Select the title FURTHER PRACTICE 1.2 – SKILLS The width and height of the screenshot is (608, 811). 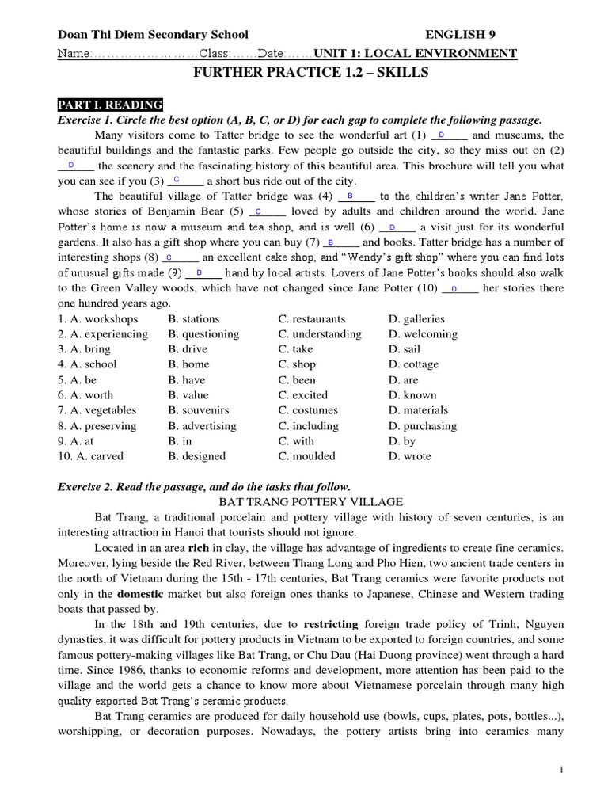(x=311, y=73)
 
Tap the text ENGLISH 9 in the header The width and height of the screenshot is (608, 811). (x=462, y=34)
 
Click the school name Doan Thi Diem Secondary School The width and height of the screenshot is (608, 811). (x=153, y=34)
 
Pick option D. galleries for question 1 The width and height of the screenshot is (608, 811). (x=416, y=318)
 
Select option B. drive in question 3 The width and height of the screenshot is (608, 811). (x=188, y=349)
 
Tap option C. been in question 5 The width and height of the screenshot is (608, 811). (x=298, y=379)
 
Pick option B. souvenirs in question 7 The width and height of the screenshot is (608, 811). (x=199, y=410)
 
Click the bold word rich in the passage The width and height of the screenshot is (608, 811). (x=198, y=547)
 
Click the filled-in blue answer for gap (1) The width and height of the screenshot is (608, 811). (x=441, y=135)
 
